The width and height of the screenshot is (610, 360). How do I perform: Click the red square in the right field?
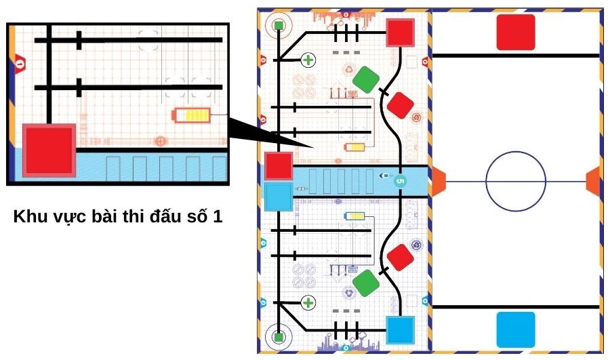[516, 32]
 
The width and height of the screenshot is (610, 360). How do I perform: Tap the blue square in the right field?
[516, 329]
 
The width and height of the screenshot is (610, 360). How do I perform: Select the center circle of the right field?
[515, 180]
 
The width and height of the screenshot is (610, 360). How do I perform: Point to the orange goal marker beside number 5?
[438, 181]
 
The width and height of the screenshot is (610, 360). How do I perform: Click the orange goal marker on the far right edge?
[593, 180]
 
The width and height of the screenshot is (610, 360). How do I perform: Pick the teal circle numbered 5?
[399, 181]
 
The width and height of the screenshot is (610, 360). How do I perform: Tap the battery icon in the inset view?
[192, 116]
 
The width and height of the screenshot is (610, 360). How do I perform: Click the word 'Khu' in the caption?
[28, 218]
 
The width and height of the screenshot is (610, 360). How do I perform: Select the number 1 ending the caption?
[218, 218]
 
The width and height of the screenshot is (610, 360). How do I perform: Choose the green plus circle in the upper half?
[308, 60]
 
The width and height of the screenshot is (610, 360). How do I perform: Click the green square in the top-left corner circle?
[279, 26]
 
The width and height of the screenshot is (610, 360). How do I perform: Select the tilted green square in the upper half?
[367, 79]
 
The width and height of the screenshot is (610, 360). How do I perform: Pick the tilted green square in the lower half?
[367, 283]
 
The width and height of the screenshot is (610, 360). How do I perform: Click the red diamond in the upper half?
[401, 105]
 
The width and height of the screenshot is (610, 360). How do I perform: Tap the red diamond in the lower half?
[401, 257]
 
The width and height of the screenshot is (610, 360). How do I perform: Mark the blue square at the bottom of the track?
[400, 330]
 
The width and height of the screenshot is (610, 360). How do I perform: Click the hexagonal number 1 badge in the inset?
[20, 64]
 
